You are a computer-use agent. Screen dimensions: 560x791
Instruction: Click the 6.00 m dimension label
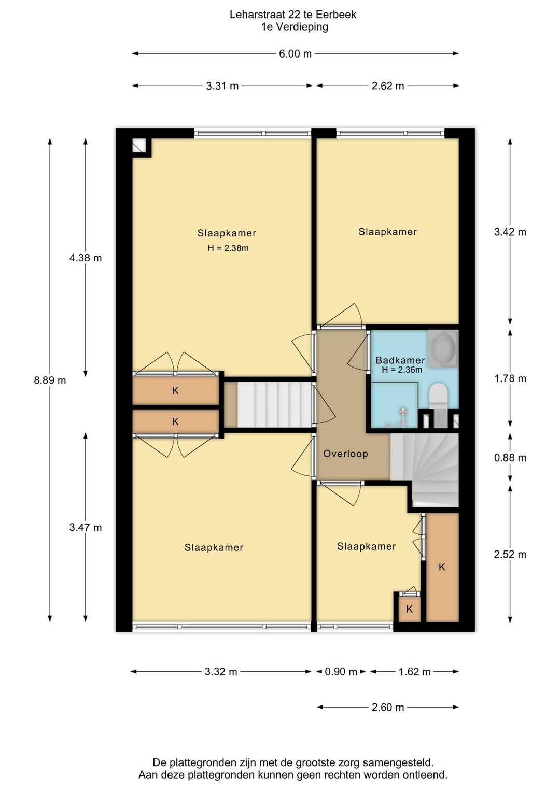(x=296, y=54)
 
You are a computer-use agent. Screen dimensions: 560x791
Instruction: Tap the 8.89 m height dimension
(x=50, y=380)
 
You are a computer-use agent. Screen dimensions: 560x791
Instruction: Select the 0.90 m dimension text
(x=341, y=671)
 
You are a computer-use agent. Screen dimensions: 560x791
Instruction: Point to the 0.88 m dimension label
(x=510, y=458)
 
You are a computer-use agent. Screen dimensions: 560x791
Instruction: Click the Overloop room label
(x=345, y=454)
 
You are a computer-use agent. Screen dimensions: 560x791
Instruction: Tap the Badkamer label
(x=400, y=360)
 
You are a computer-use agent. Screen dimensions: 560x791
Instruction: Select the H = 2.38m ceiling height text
(x=228, y=248)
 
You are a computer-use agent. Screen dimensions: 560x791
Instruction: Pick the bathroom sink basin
(x=443, y=347)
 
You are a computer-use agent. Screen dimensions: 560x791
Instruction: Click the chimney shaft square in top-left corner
(x=139, y=145)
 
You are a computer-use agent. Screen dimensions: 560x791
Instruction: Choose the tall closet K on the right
(x=442, y=567)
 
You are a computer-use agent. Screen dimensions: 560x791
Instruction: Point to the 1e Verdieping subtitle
(x=295, y=27)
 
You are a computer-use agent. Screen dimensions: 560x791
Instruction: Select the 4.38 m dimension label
(x=86, y=258)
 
